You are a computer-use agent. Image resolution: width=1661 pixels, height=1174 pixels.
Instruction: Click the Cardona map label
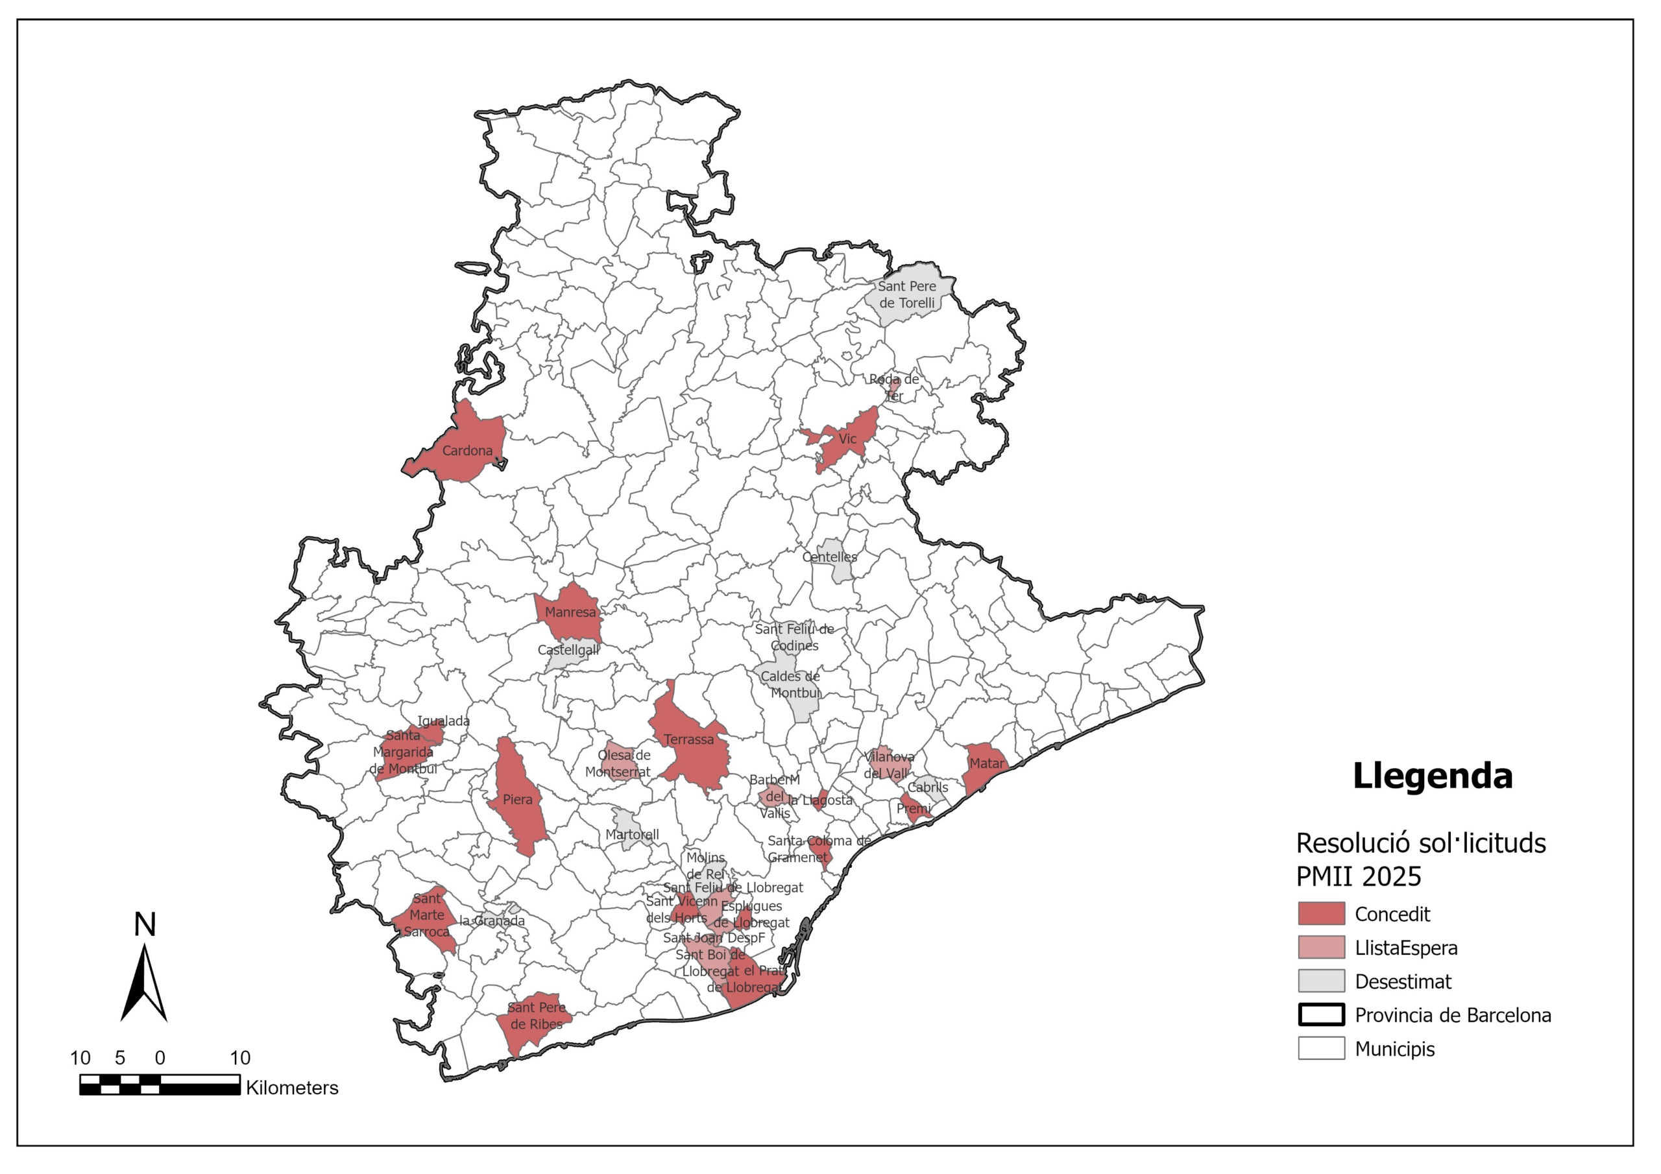pyautogui.click(x=467, y=451)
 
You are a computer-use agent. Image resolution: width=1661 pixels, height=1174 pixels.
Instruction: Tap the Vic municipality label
pyautogui.click(x=847, y=439)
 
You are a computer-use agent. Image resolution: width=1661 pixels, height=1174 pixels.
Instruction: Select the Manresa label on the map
pyautogui.click(x=570, y=612)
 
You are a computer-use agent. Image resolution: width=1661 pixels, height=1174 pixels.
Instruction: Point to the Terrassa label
pyautogui.click(x=688, y=739)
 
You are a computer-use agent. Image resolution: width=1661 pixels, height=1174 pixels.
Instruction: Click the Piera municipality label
pyautogui.click(x=517, y=799)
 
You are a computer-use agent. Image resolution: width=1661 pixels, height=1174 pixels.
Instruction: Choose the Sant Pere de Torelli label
pyautogui.click(x=906, y=294)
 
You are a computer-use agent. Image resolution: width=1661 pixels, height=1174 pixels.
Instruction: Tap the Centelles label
pyautogui.click(x=829, y=557)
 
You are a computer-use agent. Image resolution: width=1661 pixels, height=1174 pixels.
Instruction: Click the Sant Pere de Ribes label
pyautogui.click(x=536, y=1016)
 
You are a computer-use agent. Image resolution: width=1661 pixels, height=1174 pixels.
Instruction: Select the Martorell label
pyautogui.click(x=631, y=834)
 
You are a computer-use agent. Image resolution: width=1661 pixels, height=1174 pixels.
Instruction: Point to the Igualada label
pyautogui.click(x=443, y=721)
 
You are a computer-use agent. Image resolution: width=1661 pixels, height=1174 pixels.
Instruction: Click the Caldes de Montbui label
pyautogui.click(x=790, y=684)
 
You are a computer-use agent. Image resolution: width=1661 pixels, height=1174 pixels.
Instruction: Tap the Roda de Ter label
pyautogui.click(x=893, y=387)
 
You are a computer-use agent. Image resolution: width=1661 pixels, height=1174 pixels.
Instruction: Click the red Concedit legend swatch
pyautogui.click(x=1321, y=914)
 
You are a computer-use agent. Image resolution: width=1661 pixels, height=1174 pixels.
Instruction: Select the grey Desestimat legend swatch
pyautogui.click(x=1321, y=981)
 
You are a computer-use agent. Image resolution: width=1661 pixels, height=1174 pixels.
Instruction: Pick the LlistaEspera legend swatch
pyautogui.click(x=1321, y=947)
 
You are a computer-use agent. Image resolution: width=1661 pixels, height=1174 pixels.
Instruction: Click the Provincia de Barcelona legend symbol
pyautogui.click(x=1321, y=1014)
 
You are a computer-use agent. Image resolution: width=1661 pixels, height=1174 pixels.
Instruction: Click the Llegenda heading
pyautogui.click(x=1432, y=776)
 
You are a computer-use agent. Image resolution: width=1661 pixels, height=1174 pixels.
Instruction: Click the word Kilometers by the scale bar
pyautogui.click(x=291, y=1087)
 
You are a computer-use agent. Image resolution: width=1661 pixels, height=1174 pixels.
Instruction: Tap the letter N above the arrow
pyautogui.click(x=145, y=924)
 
